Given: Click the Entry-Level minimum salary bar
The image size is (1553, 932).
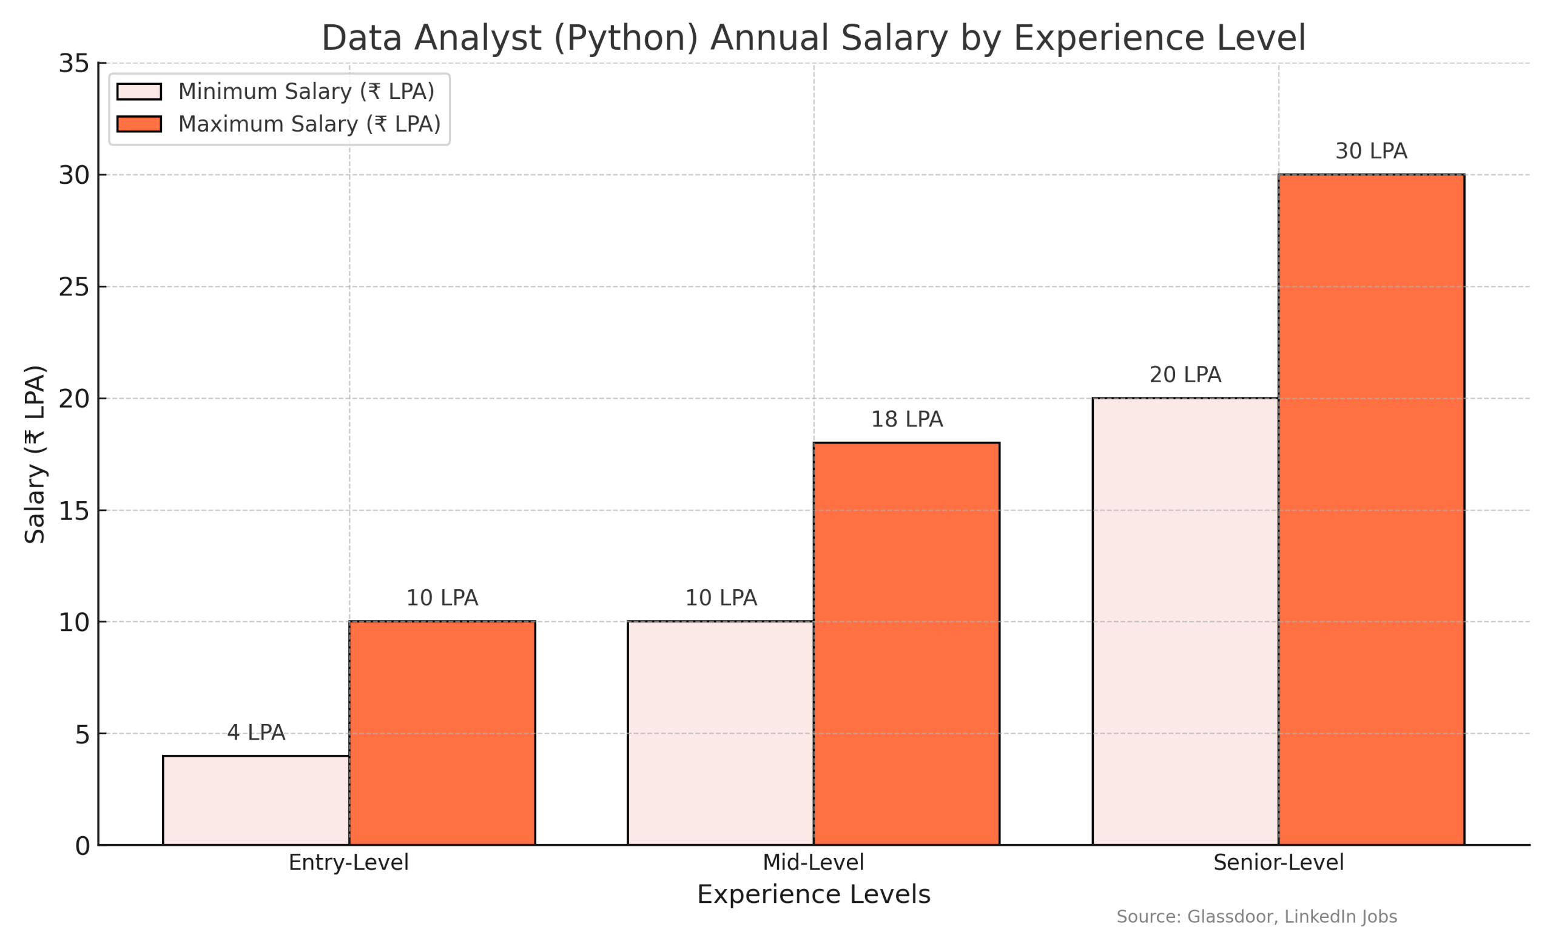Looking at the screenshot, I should coord(255,800).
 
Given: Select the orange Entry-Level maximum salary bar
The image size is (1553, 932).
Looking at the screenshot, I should coord(442,733).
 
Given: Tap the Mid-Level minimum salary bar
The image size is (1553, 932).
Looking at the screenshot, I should coord(720,733).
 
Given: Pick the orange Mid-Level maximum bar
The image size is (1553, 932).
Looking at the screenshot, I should coord(906,644).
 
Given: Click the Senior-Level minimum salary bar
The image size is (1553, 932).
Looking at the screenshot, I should coord(1185,621).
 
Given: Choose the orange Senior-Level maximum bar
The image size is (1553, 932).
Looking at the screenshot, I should coord(1371,509).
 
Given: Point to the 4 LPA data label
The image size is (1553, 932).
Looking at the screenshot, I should coord(255,732).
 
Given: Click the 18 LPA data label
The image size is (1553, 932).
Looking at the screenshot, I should coord(906,419).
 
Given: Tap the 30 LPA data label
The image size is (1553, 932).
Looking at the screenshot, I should coord(1371,150).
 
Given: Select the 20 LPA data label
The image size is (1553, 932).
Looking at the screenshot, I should coord(1185,374).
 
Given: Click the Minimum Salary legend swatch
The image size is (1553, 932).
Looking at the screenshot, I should coord(139,92).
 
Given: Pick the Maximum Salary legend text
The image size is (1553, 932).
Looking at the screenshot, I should coord(309,124).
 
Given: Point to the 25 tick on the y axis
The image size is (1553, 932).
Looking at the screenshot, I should coord(73,287).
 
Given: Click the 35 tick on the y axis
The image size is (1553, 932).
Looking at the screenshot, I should coord(73,64).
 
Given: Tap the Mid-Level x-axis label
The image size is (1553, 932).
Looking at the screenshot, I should coord(813,862).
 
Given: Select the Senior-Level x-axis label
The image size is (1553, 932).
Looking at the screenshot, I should coord(1278,862).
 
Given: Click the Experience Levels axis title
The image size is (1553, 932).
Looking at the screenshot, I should coord(813,894).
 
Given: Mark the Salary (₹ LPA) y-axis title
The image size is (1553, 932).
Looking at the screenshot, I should coord(35,453).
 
